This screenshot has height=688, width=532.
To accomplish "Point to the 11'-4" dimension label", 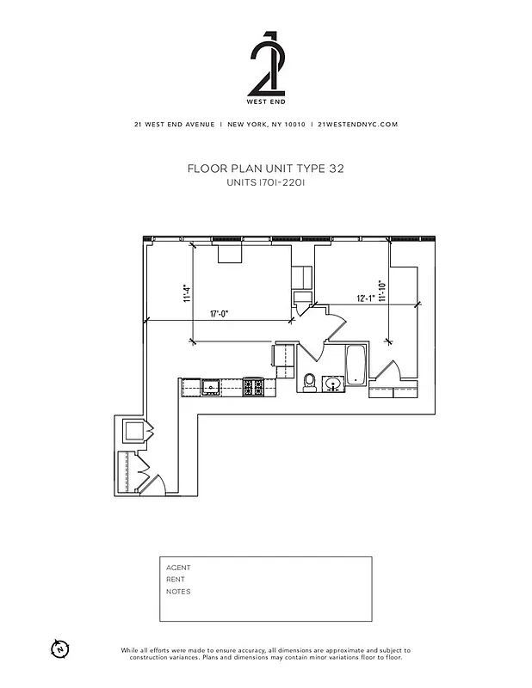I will (x=185, y=294).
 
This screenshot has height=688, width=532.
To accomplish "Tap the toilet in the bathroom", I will (x=308, y=380).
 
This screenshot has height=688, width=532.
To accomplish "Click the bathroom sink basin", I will (x=331, y=383).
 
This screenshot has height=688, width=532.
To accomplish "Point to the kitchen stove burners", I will (x=254, y=388).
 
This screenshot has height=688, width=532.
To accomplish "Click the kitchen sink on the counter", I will (x=210, y=388).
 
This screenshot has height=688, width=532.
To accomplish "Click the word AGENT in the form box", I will (x=178, y=568).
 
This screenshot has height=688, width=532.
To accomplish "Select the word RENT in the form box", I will (x=176, y=580).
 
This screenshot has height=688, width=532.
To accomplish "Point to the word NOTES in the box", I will (x=178, y=592).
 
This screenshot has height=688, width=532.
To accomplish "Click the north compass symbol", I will (x=59, y=648).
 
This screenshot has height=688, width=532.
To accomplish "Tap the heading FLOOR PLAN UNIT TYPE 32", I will (x=265, y=169).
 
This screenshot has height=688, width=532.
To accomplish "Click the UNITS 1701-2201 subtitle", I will (x=265, y=183).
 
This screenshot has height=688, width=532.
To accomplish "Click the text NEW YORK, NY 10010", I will (x=266, y=124).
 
